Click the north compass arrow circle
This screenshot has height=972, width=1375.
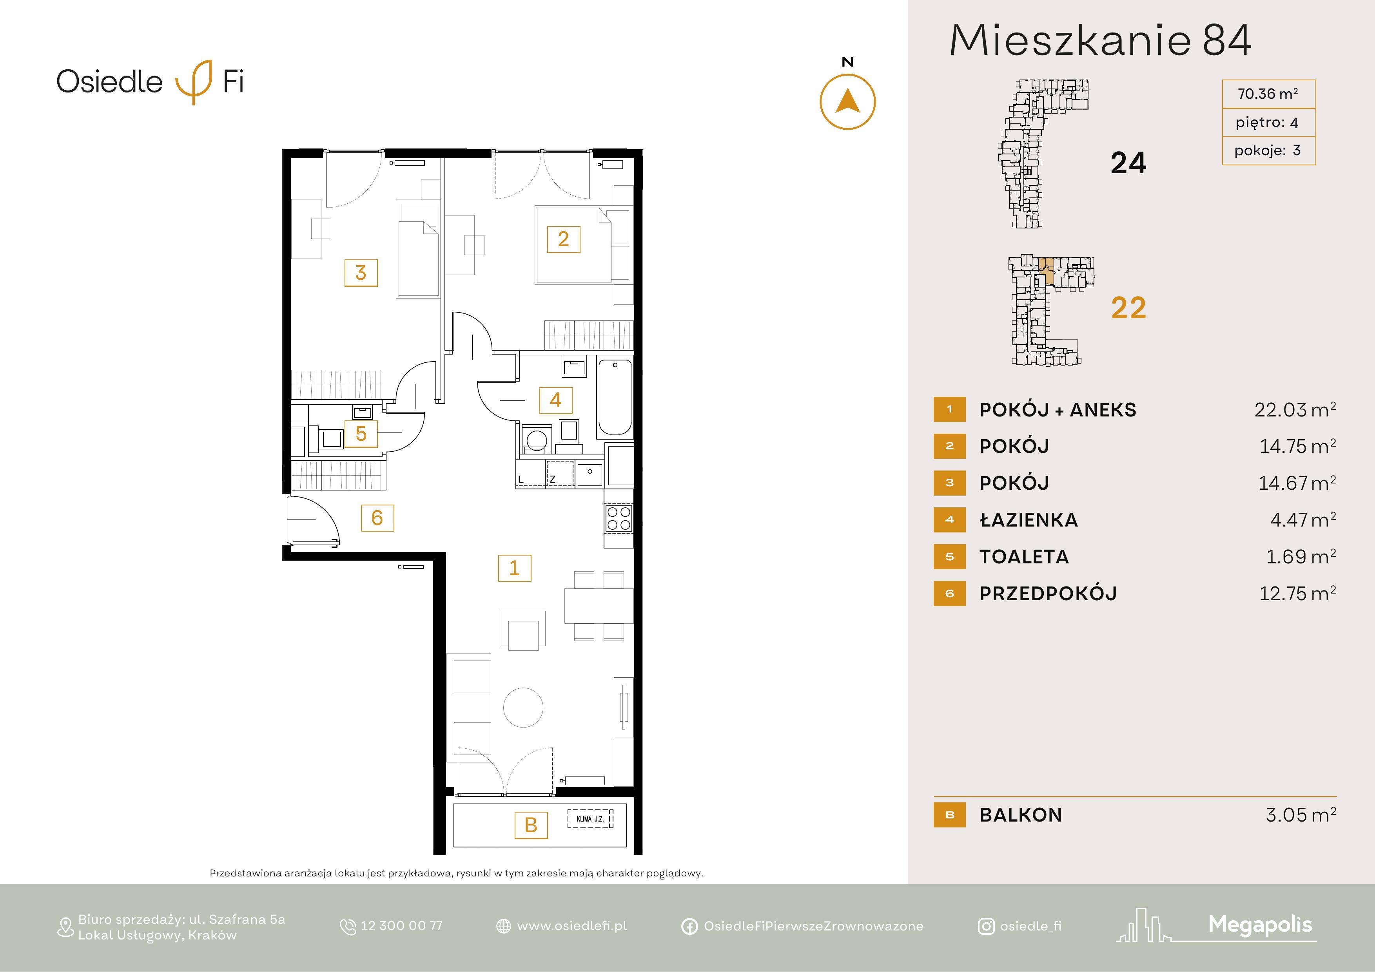tap(847, 74)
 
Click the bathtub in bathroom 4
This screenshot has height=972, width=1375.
tap(615, 397)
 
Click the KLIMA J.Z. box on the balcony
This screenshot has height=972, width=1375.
tap(590, 819)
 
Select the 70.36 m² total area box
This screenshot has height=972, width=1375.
tap(1268, 94)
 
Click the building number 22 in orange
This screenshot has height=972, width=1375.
tap(1128, 308)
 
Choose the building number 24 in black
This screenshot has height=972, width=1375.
tap(1128, 163)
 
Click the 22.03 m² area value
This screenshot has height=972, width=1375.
tap(1295, 409)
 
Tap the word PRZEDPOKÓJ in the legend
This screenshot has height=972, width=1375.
tap(1048, 594)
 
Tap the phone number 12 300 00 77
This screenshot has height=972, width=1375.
tap(401, 926)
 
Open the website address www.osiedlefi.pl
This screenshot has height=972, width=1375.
tap(572, 926)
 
